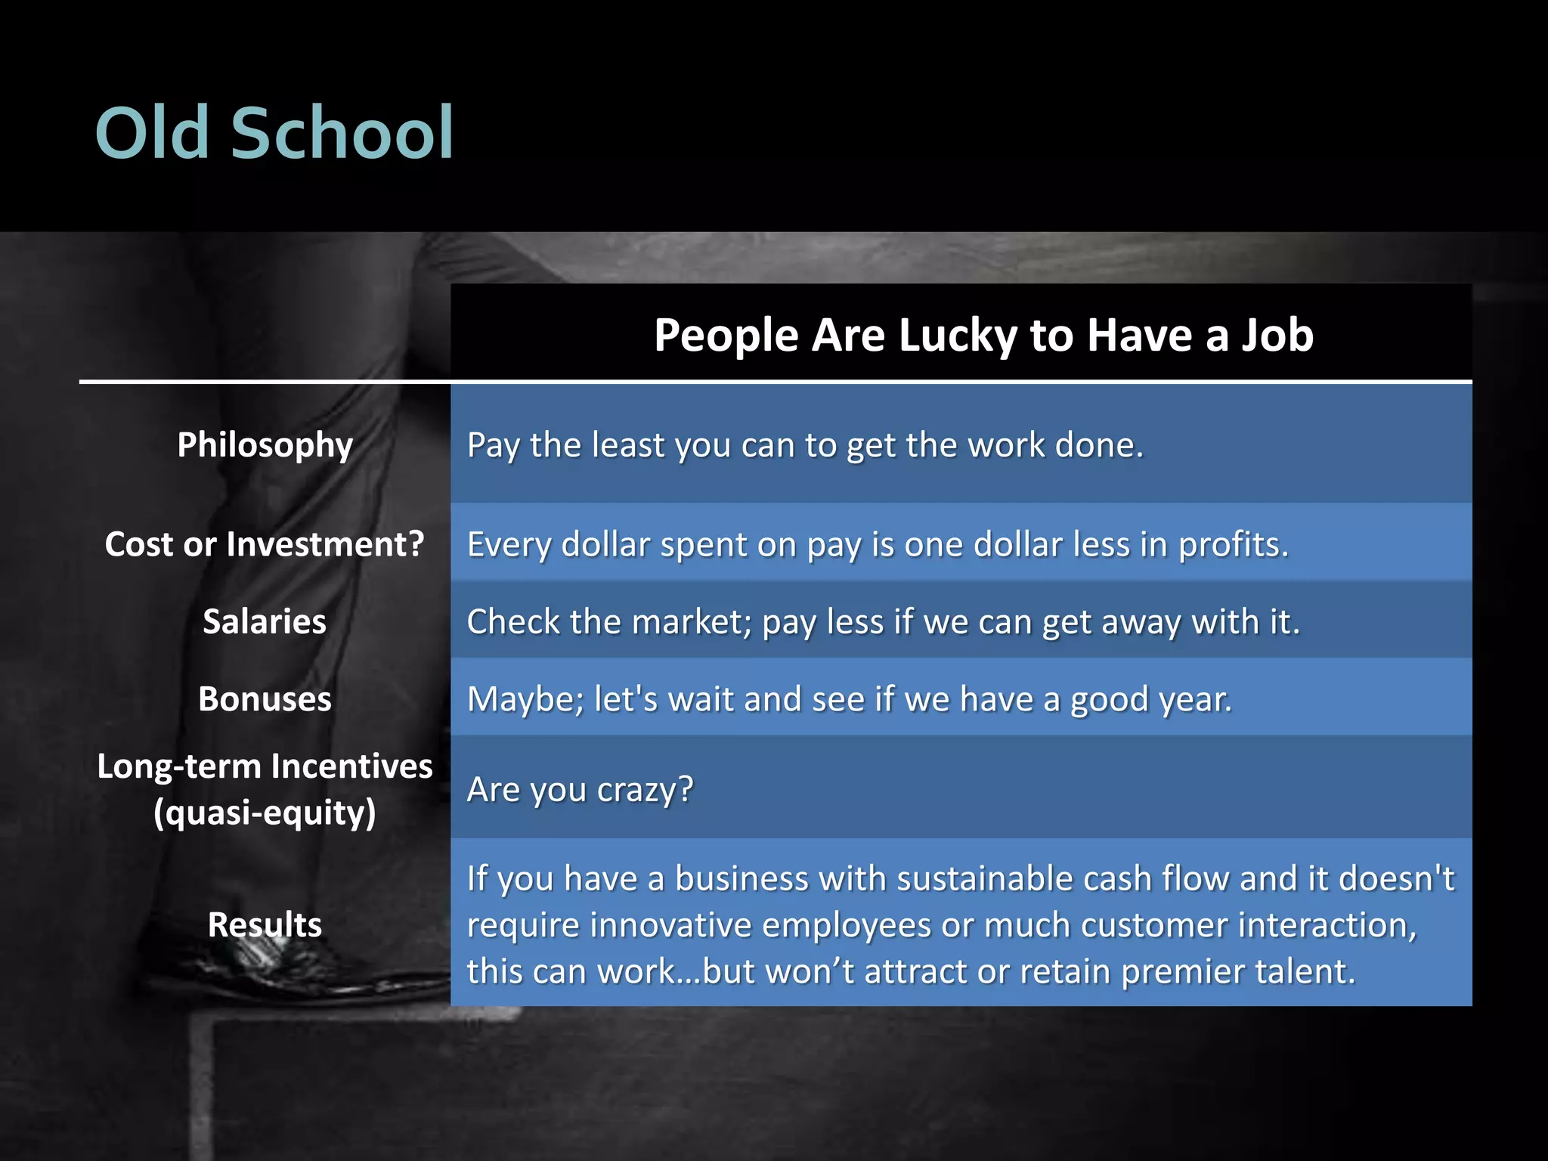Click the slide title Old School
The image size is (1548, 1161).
click(x=274, y=133)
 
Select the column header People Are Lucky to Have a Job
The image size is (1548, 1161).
click(x=983, y=335)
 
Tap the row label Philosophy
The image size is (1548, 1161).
click(x=265, y=445)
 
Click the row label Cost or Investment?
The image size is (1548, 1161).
click(x=265, y=544)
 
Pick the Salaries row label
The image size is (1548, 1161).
click(x=265, y=622)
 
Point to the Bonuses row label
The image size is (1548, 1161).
click(x=265, y=699)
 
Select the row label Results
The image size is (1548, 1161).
click(x=265, y=924)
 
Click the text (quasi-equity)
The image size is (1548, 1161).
click(x=265, y=813)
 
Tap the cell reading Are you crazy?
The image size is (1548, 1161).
click(x=580, y=790)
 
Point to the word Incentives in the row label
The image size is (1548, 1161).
click(x=351, y=766)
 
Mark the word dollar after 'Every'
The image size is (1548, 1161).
click(x=605, y=545)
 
